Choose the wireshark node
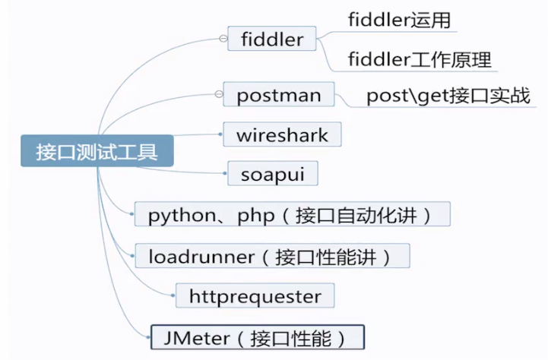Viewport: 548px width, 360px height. click(282, 135)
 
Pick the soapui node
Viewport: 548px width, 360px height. click(272, 173)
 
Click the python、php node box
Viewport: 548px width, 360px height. click(292, 215)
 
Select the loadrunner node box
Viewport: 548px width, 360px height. click(272, 256)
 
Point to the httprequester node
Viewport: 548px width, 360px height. click(255, 296)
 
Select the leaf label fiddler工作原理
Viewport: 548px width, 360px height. click(419, 58)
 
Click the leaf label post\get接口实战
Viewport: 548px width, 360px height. click(448, 96)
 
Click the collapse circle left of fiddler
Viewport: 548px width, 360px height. click(222, 38)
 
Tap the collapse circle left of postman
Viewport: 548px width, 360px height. click(218, 95)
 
